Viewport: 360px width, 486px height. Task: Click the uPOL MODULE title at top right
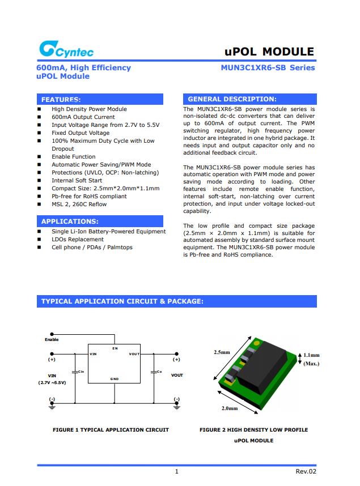[269, 52]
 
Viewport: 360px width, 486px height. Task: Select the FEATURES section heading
[61, 99]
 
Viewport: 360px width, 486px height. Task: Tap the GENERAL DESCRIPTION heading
[232, 99]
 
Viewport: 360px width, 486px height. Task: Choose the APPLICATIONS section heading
[70, 221]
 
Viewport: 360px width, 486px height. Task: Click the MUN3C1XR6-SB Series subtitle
[268, 68]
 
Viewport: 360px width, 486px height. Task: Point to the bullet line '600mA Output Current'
[83, 117]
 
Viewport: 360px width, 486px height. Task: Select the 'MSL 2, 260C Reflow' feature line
[79, 204]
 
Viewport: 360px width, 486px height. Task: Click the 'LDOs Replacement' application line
[78, 240]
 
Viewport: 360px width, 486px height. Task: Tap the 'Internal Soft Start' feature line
[77, 180]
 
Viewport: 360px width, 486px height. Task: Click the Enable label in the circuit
[52, 339]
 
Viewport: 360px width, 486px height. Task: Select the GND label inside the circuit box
[115, 378]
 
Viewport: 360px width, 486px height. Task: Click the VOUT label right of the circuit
[177, 375]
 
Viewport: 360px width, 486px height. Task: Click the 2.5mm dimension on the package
[221, 352]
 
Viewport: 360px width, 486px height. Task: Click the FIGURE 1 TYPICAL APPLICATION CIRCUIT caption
[111, 430]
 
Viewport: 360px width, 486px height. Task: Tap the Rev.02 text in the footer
[306, 471]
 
